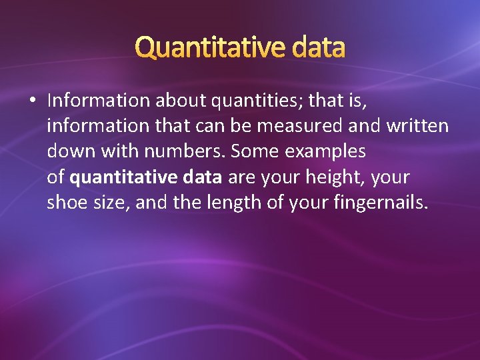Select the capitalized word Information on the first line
click(99, 101)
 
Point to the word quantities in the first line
click(251, 101)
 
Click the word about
click(178, 101)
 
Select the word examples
click(325, 152)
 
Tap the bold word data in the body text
click(205, 177)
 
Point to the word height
click(336, 177)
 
